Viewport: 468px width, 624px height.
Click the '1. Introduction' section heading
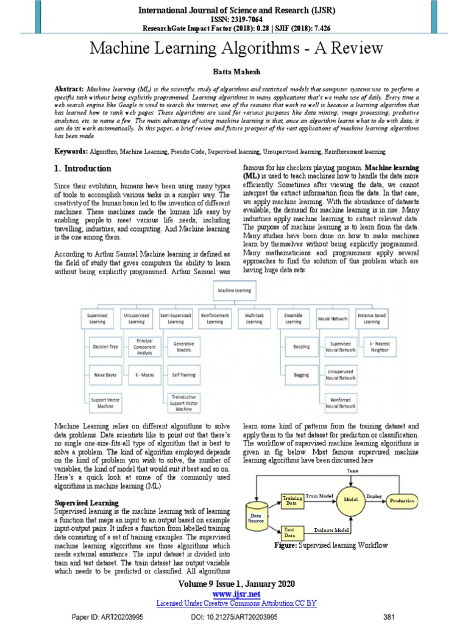click(83, 169)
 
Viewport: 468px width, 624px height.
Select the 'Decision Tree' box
click(105, 346)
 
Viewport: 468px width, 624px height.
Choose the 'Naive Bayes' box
click(105, 375)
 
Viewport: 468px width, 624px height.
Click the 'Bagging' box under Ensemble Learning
click(301, 375)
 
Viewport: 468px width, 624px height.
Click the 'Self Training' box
click(183, 375)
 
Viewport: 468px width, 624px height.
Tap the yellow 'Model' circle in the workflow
click(350, 498)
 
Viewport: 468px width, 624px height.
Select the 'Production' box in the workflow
click(403, 500)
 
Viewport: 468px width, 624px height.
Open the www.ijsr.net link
click(235, 594)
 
